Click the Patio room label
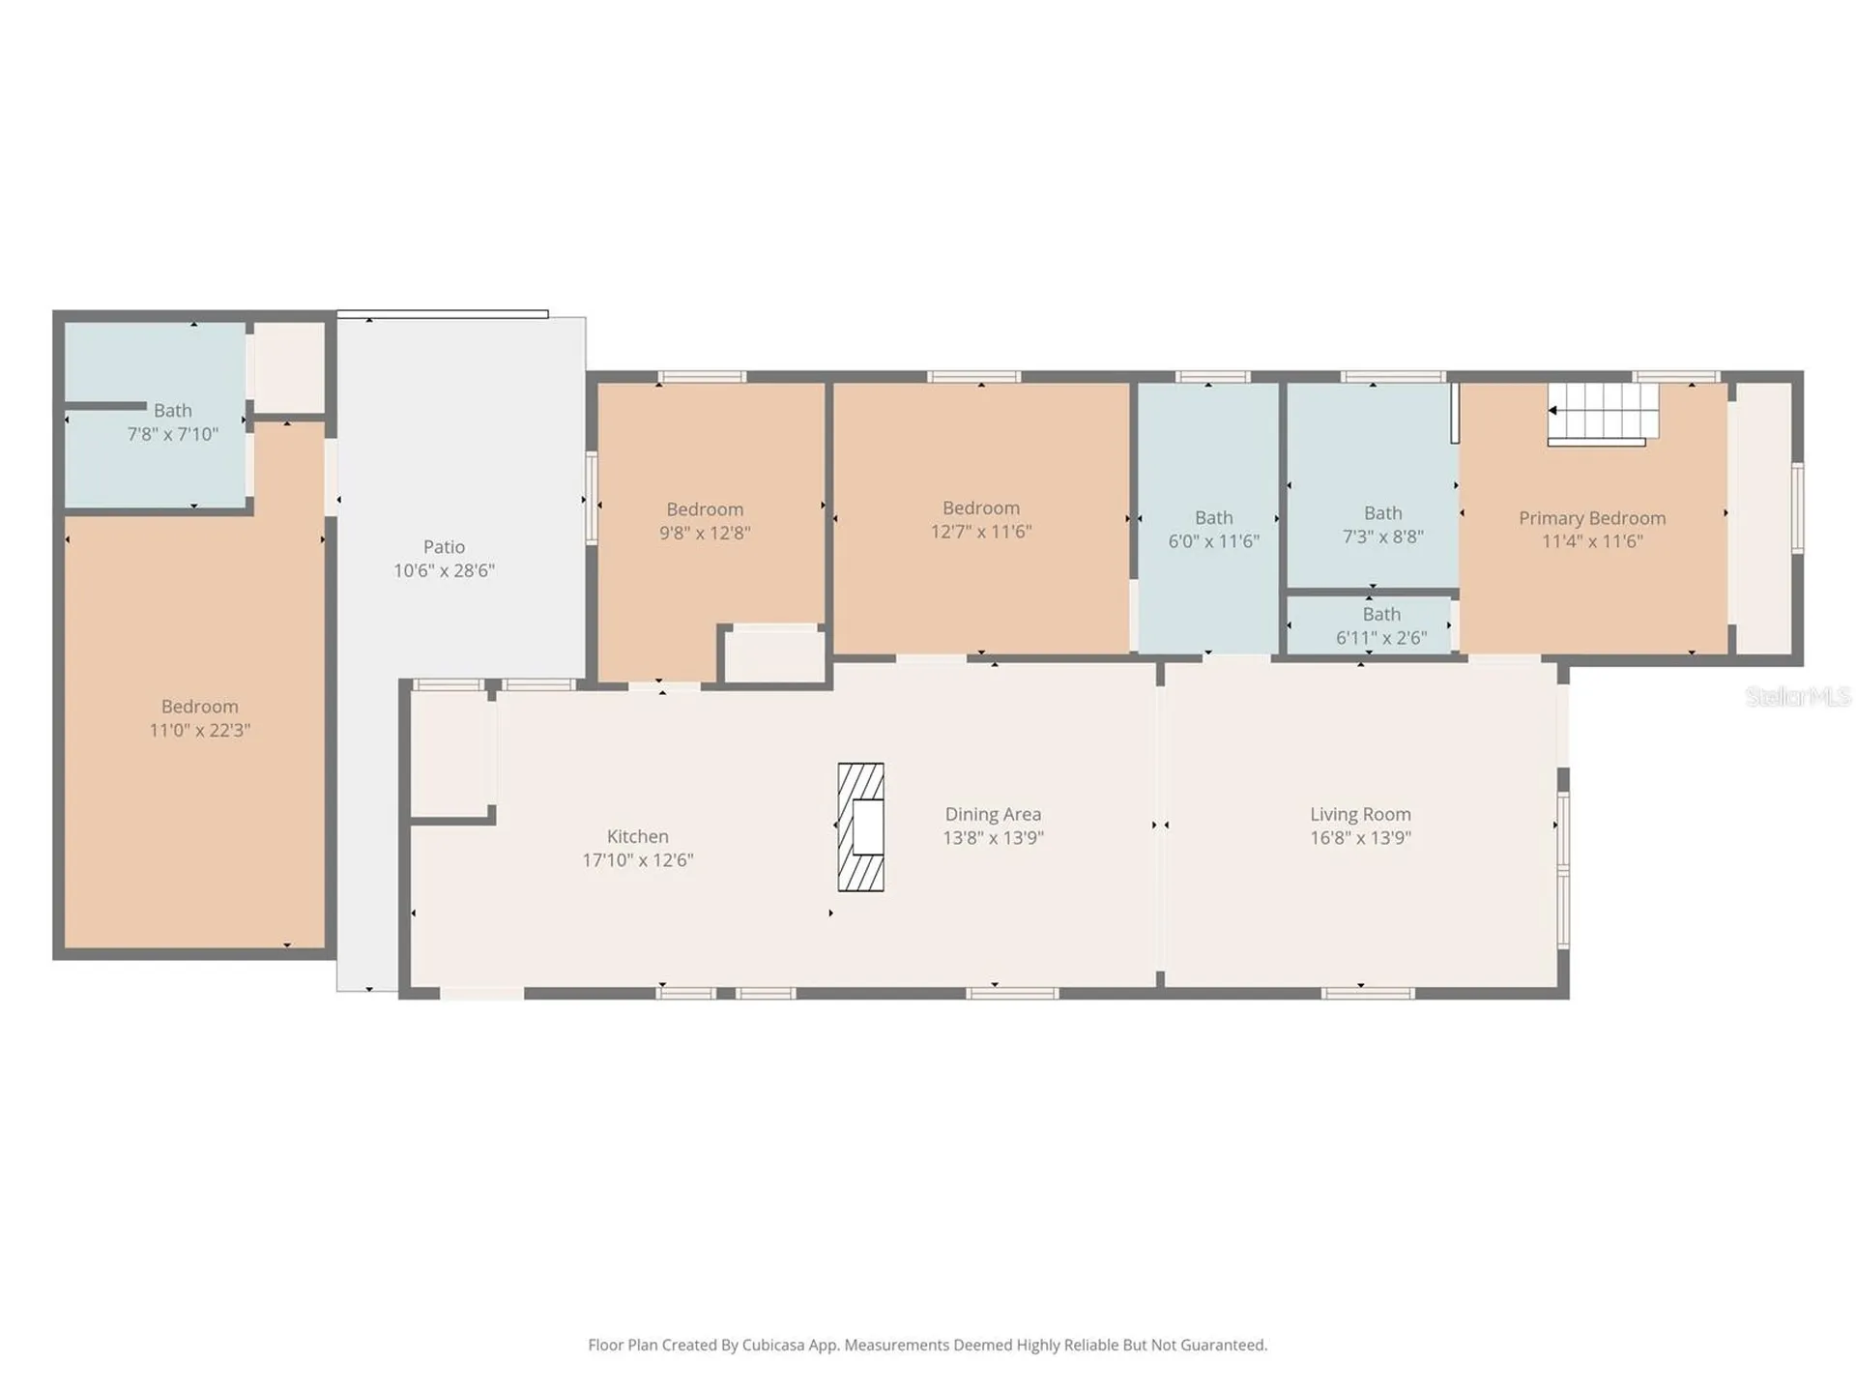444,547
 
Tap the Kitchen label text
637,836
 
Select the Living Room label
1360,815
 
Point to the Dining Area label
993,815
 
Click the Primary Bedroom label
1592,519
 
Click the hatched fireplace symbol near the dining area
860,826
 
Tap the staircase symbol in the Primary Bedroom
1603,414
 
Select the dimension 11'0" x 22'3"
199,731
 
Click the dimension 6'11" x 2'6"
1381,638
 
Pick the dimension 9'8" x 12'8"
705,534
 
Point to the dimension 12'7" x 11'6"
981,532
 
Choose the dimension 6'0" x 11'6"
1213,541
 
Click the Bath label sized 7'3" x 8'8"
1382,513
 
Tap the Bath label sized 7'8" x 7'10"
173,411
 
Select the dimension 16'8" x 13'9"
1360,838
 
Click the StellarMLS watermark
1798,696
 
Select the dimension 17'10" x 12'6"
637,860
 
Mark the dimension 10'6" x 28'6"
444,571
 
